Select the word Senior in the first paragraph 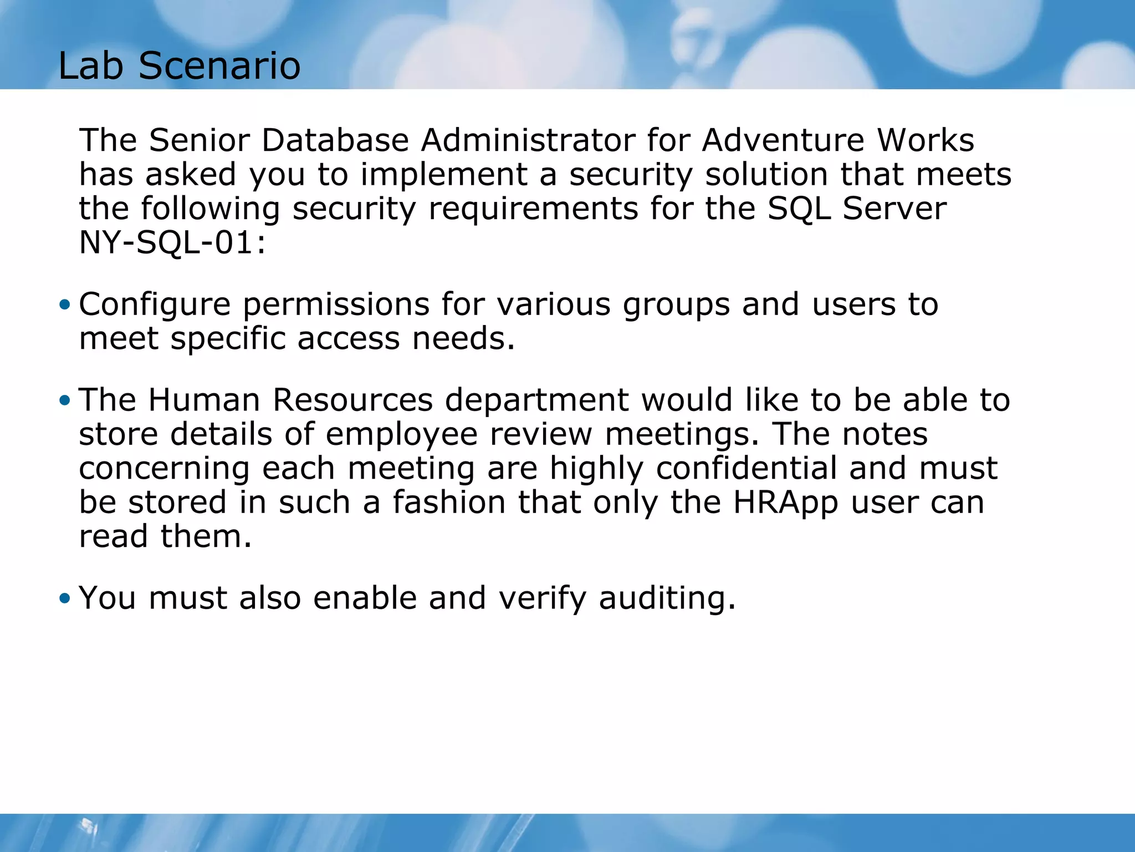tap(200, 140)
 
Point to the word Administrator tap(528, 140)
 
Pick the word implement tap(444, 175)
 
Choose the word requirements tap(533, 209)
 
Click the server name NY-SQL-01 tap(172, 243)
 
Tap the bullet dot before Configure tap(65, 305)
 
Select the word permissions tap(336, 305)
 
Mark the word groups tap(676, 305)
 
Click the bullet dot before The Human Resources tap(65, 400)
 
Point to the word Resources tap(353, 400)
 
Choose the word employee tap(401, 434)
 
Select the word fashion tap(449, 503)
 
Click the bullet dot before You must tap(65, 598)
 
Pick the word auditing tap(667, 598)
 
